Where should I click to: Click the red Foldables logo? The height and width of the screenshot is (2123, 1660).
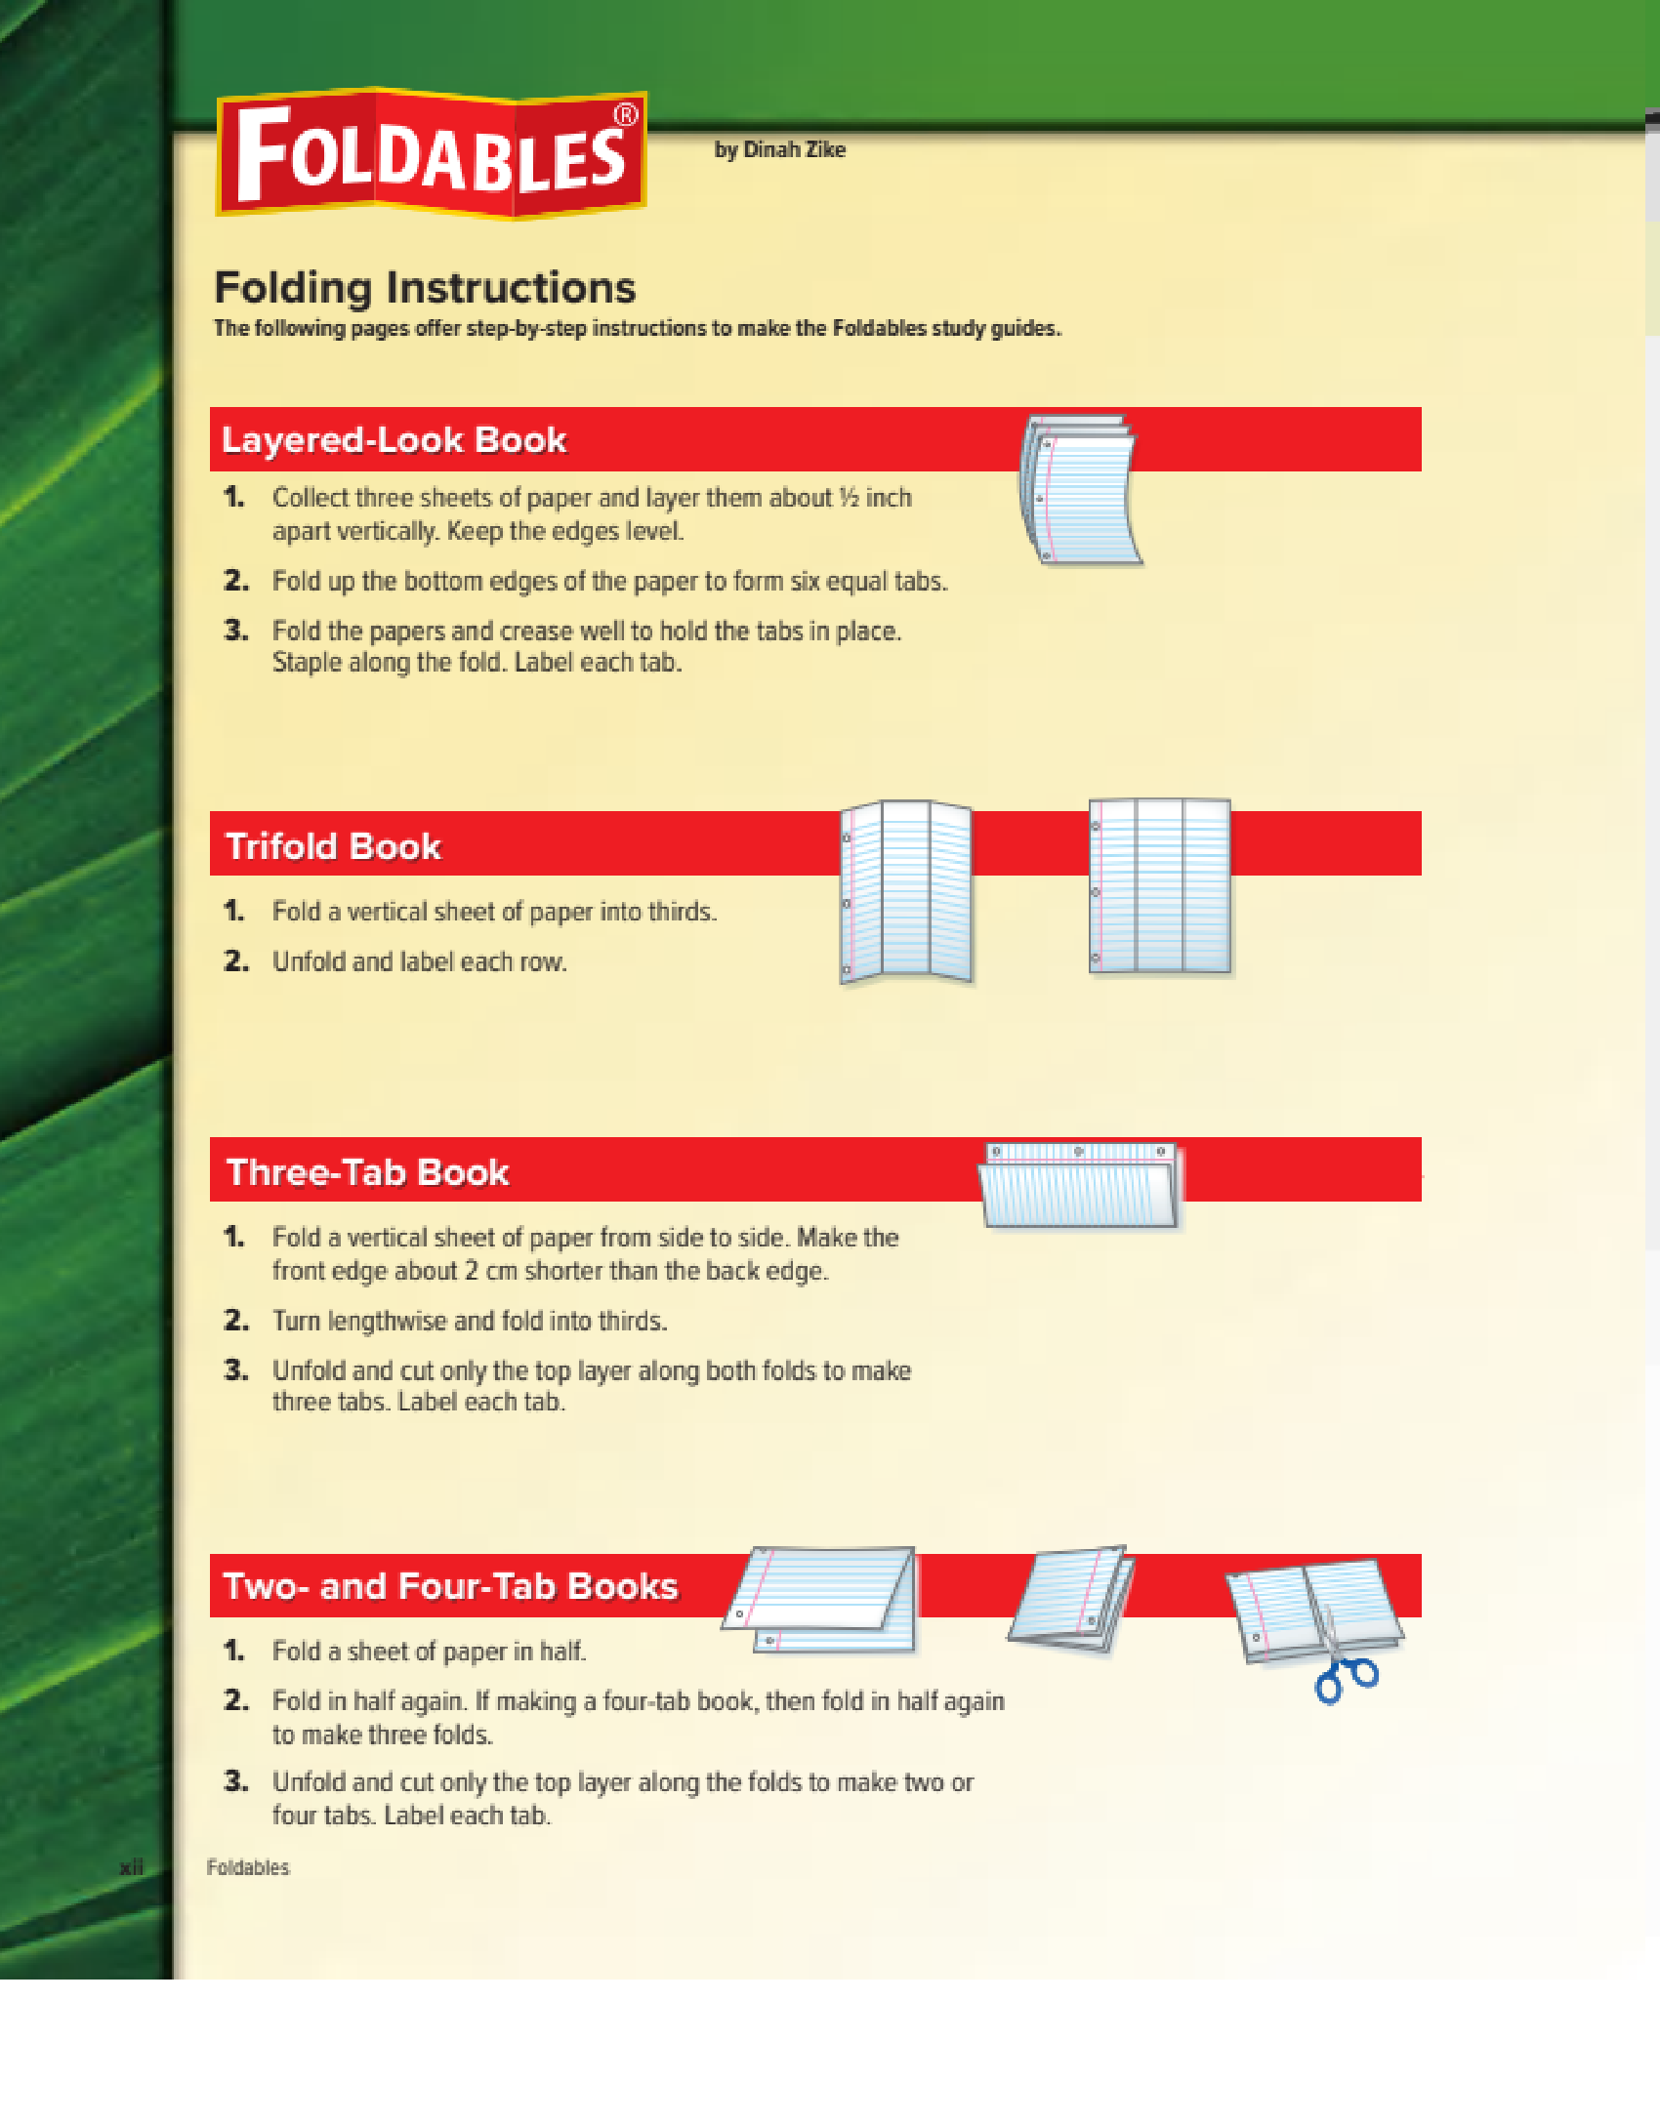point(431,153)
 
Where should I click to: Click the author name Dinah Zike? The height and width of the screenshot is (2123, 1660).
point(795,149)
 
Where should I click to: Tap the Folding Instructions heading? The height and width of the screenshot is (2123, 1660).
point(425,288)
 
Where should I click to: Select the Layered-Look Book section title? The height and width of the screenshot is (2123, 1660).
point(394,440)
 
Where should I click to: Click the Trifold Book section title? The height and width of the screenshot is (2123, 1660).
point(333,846)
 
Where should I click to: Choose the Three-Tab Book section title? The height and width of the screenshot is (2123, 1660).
point(367,1172)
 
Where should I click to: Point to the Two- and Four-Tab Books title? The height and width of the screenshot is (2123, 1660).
point(450,1586)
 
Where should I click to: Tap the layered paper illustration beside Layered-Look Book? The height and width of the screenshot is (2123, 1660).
point(1080,490)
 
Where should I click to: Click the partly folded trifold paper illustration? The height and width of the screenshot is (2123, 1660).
point(906,891)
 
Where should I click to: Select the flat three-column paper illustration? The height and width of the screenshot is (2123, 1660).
point(1160,886)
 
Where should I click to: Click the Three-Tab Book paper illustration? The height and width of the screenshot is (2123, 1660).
point(1079,1185)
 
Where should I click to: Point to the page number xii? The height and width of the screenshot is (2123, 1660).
point(131,1867)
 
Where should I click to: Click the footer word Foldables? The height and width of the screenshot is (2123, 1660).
point(248,1867)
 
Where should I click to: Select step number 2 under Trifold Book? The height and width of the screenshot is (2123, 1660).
point(235,961)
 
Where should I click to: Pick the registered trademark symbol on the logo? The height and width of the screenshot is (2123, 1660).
point(625,115)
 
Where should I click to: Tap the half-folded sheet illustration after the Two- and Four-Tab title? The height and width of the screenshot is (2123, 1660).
point(820,1599)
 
